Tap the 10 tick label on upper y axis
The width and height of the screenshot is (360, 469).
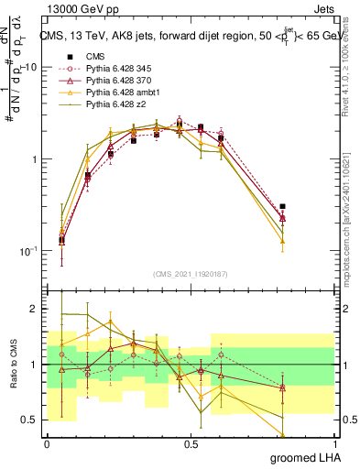point(30,68)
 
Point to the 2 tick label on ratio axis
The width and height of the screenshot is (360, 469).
point(34,310)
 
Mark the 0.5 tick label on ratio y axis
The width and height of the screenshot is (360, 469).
point(29,420)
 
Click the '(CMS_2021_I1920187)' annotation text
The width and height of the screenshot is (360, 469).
point(191,274)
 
